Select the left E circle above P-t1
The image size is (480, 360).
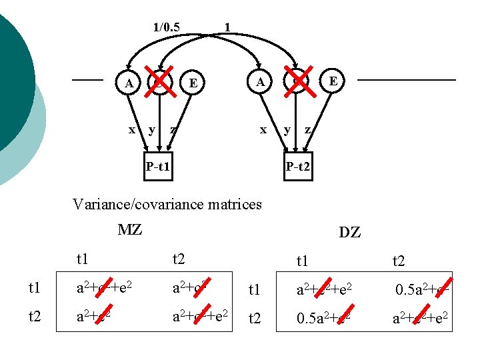click(193, 83)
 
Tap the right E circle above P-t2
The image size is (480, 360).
click(333, 81)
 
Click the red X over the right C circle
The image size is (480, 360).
click(297, 80)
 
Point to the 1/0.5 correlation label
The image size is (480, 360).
click(166, 27)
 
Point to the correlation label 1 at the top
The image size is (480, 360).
click(228, 27)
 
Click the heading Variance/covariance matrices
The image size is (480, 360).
click(167, 204)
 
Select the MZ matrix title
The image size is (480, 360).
click(129, 230)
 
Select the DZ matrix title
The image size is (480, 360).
click(349, 232)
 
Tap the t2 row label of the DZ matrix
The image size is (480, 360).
click(255, 317)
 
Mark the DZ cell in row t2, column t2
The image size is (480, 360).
click(417, 317)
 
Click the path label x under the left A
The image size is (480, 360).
click(131, 129)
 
